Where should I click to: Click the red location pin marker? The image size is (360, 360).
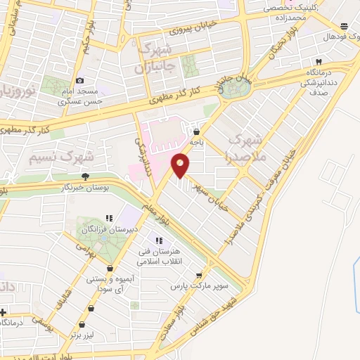tap(181, 165)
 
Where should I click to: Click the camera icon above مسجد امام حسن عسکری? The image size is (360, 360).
tap(80, 82)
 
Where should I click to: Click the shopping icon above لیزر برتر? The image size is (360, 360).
tap(83, 324)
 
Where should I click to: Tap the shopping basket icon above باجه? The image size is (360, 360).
tap(196, 130)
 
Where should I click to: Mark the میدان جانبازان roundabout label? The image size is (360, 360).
tap(224, 82)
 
